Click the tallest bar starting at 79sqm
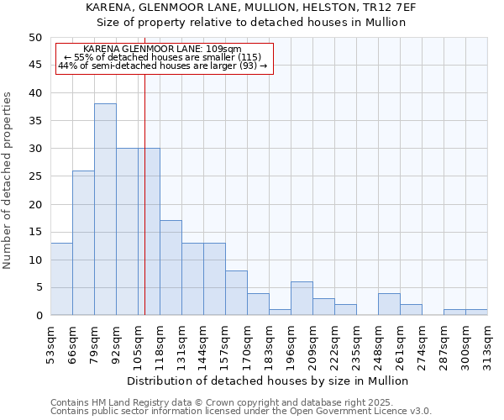point(105,210)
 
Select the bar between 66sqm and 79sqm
point(83,244)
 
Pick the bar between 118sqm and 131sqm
point(171,268)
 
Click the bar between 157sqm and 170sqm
point(236,293)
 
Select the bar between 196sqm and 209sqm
point(302,299)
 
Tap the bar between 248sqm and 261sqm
point(389,304)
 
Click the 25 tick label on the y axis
point(34,176)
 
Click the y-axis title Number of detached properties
point(8,181)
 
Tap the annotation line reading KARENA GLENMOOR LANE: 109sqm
point(163,50)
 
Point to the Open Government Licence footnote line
point(241,412)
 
